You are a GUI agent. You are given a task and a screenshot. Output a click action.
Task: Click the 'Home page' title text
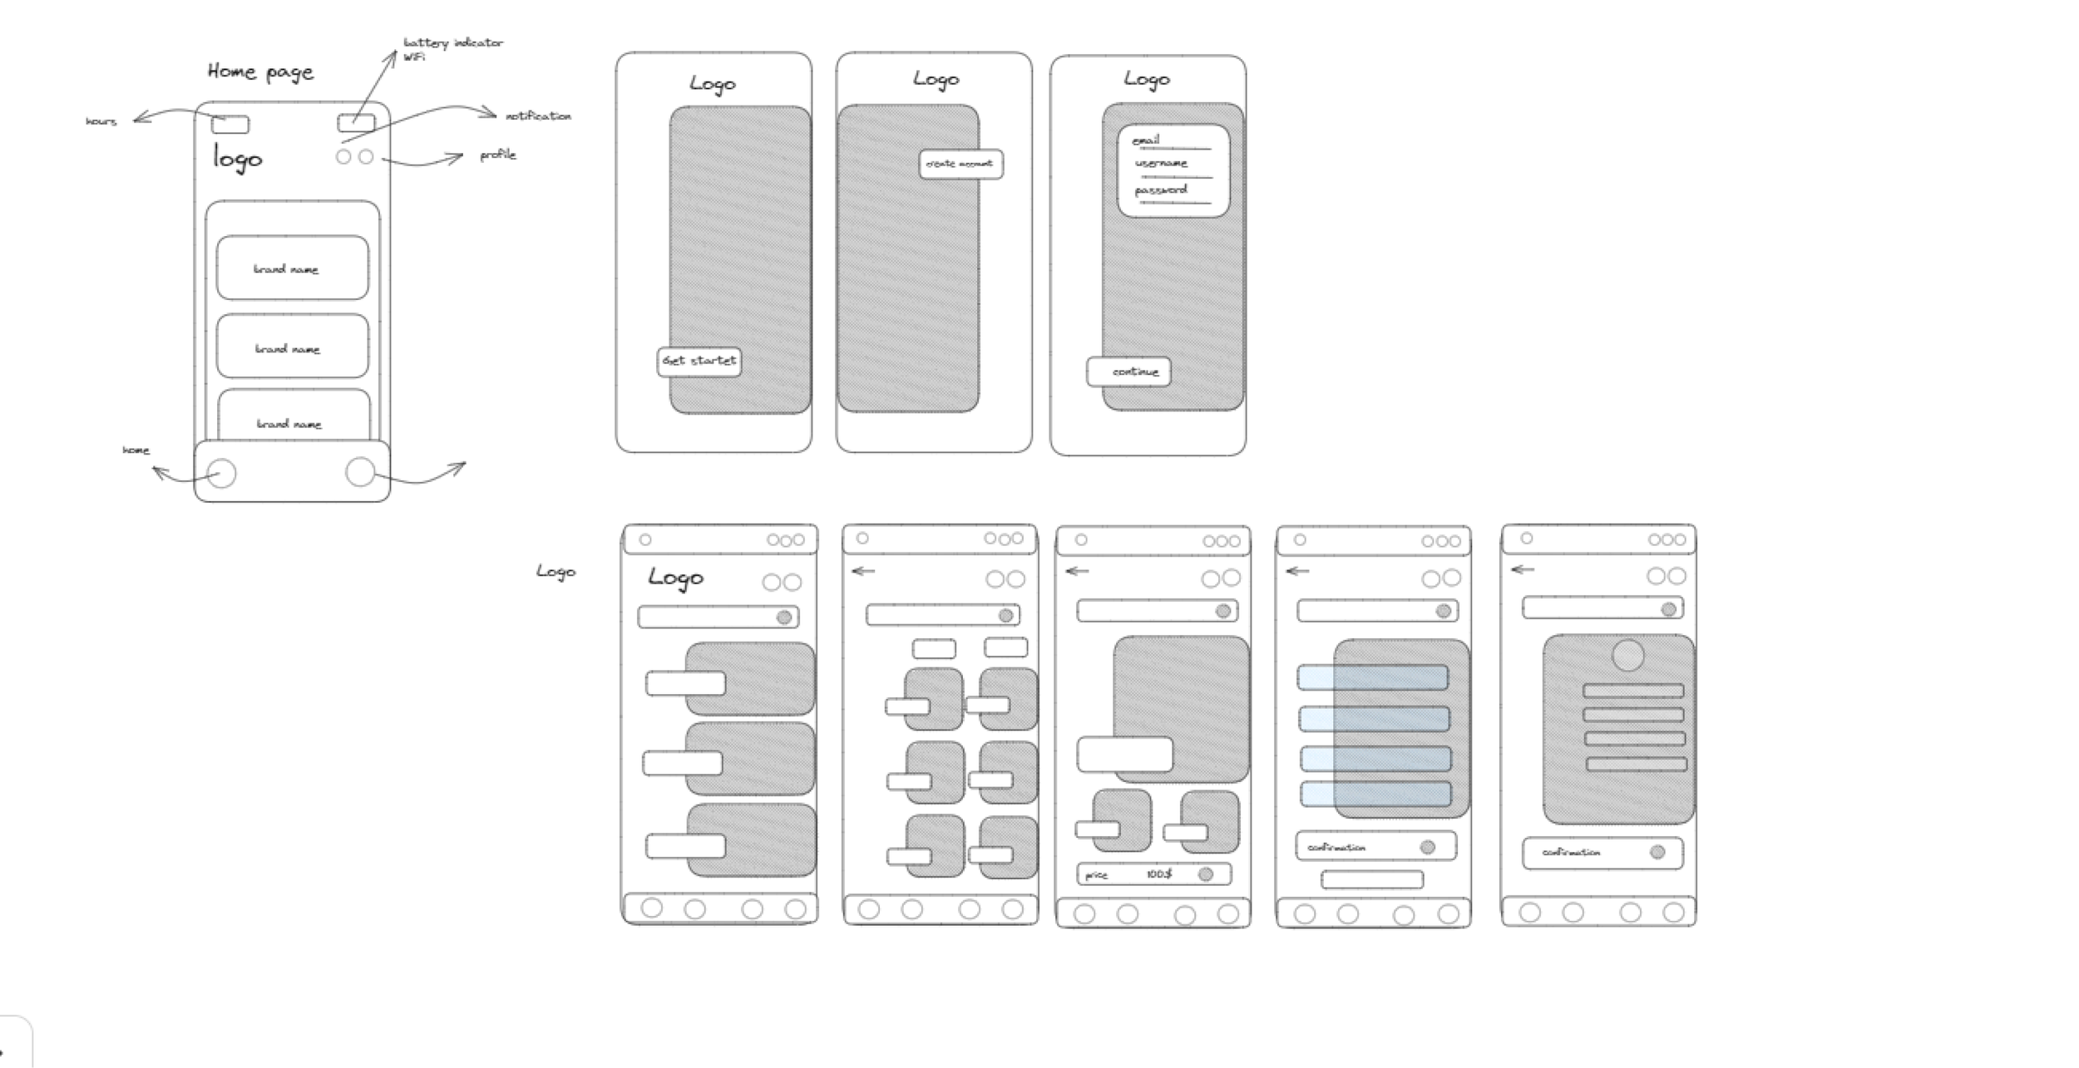(x=260, y=72)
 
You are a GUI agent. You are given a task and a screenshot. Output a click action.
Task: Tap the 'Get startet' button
(x=699, y=361)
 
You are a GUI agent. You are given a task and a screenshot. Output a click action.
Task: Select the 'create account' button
(x=960, y=164)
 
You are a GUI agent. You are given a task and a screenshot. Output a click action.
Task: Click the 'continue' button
(x=1129, y=372)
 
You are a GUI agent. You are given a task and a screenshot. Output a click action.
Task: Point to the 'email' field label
(x=1146, y=140)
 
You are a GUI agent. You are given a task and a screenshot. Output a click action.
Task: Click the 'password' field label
(x=1161, y=189)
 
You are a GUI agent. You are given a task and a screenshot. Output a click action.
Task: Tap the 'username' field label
(x=1161, y=163)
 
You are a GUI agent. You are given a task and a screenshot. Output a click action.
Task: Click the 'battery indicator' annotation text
(x=453, y=42)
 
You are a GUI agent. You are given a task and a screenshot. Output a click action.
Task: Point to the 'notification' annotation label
(x=538, y=116)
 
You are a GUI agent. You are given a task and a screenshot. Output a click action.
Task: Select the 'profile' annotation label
(x=497, y=155)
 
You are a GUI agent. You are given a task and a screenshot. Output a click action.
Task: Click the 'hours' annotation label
(x=101, y=121)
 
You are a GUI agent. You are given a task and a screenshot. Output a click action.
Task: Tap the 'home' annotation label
(x=136, y=450)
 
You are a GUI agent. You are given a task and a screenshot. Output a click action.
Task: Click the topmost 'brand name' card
(x=292, y=268)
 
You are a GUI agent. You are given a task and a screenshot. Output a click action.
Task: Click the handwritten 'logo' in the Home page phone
(x=238, y=158)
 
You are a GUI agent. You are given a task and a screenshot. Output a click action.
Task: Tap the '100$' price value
(x=1158, y=874)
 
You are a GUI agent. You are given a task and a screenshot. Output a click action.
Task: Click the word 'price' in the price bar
(x=1097, y=875)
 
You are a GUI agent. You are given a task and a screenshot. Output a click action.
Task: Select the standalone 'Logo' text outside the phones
(x=556, y=571)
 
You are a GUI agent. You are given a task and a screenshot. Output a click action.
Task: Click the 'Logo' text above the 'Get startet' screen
(x=713, y=84)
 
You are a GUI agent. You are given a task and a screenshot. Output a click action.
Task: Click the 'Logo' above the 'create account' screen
(x=936, y=80)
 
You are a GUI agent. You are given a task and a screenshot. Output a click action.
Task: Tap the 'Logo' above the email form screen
(x=1147, y=80)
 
